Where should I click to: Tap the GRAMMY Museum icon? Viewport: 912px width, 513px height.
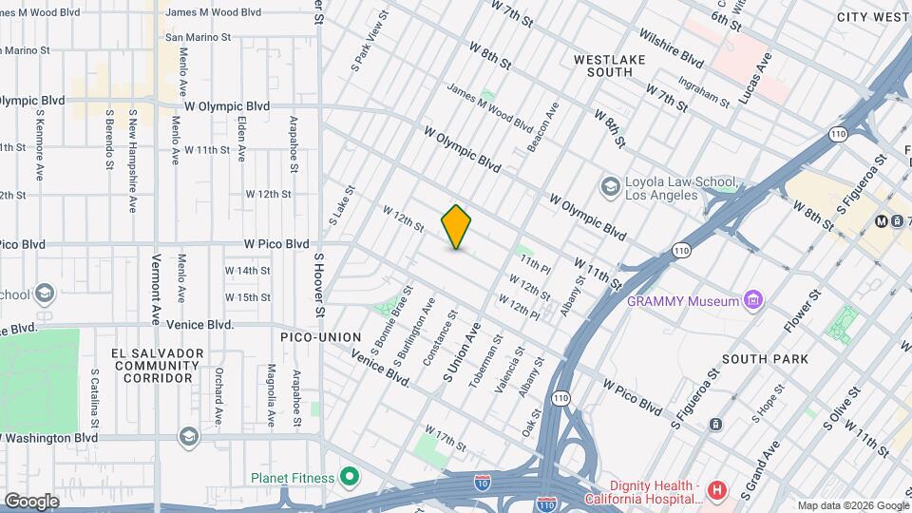(x=754, y=301)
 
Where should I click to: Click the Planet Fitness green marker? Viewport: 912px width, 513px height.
(x=350, y=477)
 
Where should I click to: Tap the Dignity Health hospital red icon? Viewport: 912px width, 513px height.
(x=717, y=491)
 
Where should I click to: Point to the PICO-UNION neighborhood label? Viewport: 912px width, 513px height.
(x=320, y=337)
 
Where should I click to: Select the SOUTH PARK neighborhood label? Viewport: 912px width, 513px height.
(x=765, y=359)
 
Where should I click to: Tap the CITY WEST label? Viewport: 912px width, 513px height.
(x=873, y=17)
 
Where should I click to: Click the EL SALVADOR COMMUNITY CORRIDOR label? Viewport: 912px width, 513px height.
(x=157, y=366)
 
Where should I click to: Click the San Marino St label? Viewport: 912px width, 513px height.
(x=199, y=37)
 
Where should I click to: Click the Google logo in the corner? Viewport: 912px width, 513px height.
(x=31, y=501)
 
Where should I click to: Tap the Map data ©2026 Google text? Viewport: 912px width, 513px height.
(x=852, y=505)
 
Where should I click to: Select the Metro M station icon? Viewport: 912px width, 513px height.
(x=882, y=221)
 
